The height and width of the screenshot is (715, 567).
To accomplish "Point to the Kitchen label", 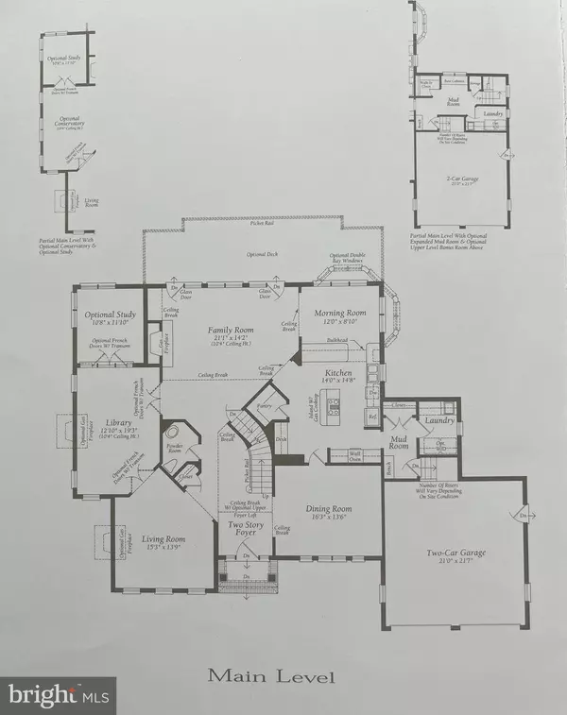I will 338,374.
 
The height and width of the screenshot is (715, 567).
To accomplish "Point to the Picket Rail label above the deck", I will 261,223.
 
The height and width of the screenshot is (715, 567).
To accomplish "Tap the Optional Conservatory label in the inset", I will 63,124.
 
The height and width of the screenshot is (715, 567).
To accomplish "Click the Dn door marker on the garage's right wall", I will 521,515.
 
